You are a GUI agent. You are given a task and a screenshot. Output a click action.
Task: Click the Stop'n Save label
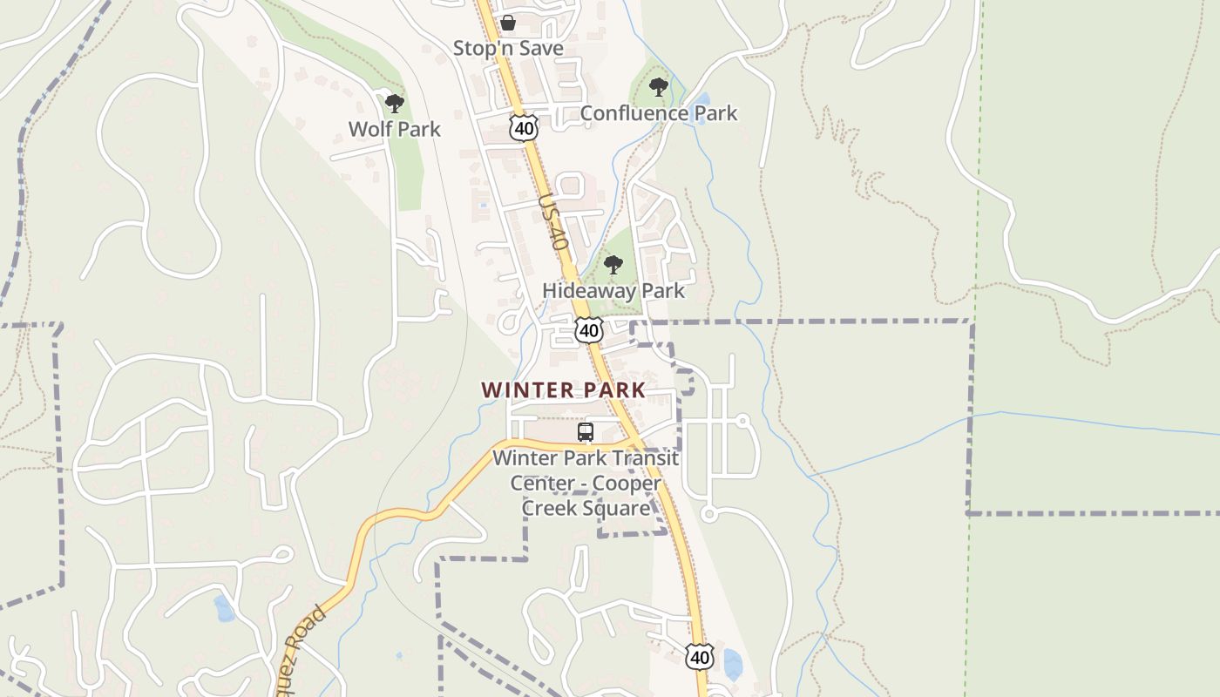[508, 48]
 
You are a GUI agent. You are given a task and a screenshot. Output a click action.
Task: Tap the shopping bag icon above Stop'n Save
[507, 23]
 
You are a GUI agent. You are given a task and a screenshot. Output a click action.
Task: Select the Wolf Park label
[395, 129]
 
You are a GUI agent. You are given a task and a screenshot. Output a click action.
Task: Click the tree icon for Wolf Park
[395, 104]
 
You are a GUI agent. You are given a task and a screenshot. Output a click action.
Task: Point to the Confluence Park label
[658, 113]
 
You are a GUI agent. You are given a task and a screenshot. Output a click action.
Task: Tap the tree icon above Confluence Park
[659, 87]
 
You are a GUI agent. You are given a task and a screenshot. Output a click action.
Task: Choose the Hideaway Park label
[613, 290]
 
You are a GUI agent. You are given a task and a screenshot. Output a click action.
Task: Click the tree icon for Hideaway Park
[613, 265]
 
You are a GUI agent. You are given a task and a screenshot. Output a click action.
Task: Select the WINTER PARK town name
[564, 389]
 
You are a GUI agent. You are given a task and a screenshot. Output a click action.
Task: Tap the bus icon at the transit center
[586, 432]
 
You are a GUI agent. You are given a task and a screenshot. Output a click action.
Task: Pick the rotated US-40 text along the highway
[554, 223]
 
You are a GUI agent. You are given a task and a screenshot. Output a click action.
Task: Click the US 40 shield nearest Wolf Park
[524, 129]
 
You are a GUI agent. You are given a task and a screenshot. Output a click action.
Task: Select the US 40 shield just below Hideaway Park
[589, 331]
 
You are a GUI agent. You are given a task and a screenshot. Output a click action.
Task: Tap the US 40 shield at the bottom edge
[700, 657]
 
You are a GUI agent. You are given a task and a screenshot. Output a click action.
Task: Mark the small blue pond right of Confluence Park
[703, 98]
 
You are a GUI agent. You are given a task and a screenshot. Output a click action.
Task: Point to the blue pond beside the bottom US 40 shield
[733, 664]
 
